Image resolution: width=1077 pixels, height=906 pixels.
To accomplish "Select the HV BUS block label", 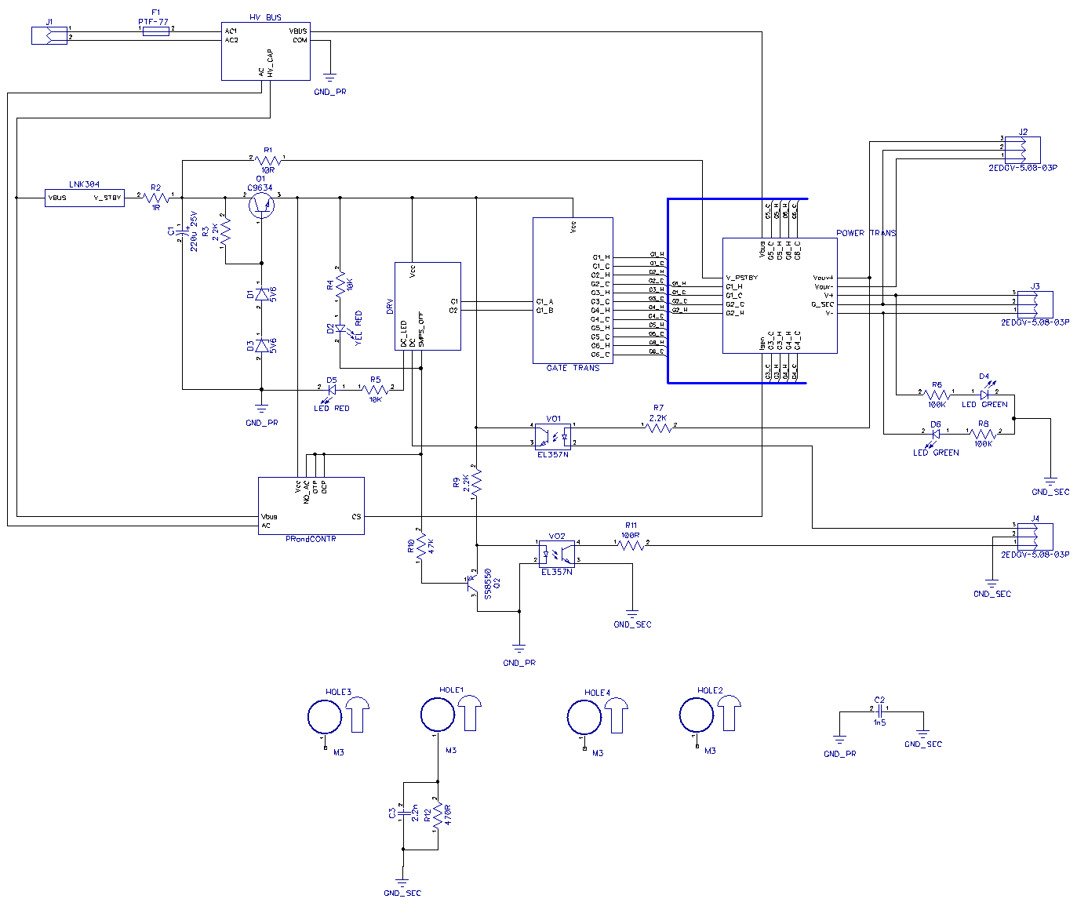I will click(x=265, y=17).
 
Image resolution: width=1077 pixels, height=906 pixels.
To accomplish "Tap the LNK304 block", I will click(x=85, y=198).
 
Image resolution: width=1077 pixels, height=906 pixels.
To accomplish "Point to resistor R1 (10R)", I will click(x=267, y=160).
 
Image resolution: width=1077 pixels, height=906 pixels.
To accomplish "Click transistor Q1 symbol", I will click(x=260, y=204).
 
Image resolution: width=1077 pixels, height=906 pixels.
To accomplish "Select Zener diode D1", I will click(x=261, y=293).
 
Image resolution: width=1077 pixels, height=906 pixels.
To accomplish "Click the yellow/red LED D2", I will click(x=340, y=329).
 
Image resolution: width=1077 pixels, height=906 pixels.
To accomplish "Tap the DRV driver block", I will click(x=428, y=306).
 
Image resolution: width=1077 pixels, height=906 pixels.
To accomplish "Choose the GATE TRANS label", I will click(x=573, y=368).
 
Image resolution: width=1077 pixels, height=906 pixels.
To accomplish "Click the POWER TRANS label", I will click(x=865, y=233).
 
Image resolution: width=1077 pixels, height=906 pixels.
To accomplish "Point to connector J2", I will click(x=1027, y=148).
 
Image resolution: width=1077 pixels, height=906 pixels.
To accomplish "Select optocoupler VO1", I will click(x=553, y=435).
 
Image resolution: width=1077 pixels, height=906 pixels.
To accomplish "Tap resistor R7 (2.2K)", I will click(x=658, y=426).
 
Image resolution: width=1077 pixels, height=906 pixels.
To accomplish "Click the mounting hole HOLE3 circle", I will click(x=324, y=717).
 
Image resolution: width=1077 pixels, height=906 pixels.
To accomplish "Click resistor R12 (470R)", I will click(x=438, y=816).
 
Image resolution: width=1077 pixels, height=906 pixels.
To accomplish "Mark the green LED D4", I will click(x=984, y=393).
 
